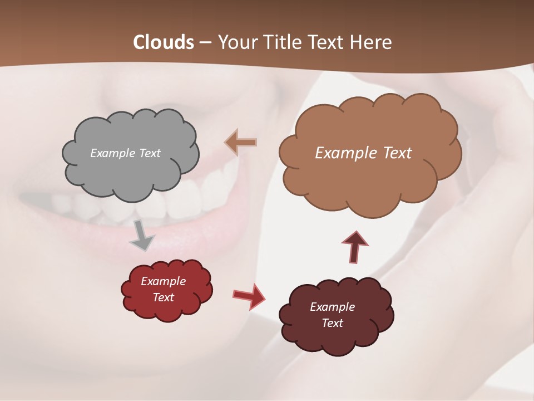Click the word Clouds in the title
tap(163, 42)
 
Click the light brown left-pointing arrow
tap(241, 143)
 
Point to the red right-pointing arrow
tap(249, 296)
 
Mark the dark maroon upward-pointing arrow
tap(354, 247)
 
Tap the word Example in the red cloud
tap(163, 281)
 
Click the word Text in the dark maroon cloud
tap(332, 323)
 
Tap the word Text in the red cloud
tap(163, 297)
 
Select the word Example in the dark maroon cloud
tap(332, 307)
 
